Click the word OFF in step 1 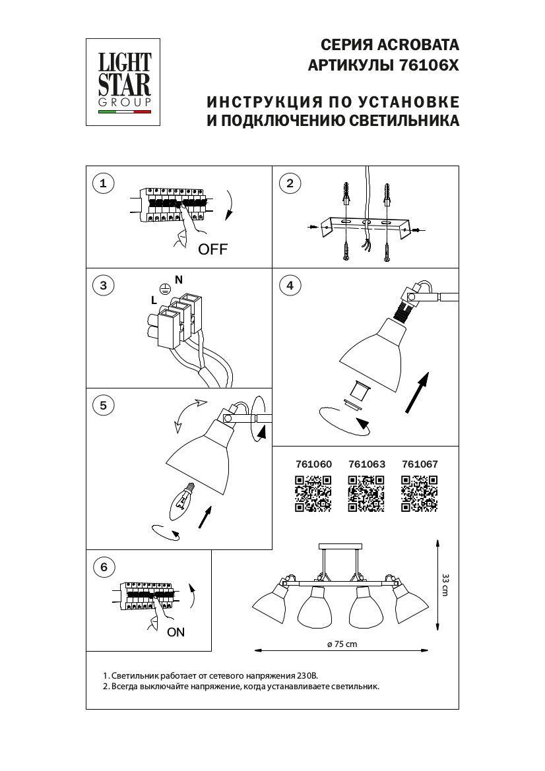pyautogui.click(x=212, y=249)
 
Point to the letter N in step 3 pyautogui.click(x=179, y=280)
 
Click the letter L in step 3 pyautogui.click(x=154, y=300)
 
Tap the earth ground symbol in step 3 pyautogui.click(x=166, y=288)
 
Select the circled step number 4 pyautogui.click(x=290, y=285)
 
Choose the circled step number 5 pyautogui.click(x=102, y=405)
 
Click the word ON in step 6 pyautogui.click(x=176, y=632)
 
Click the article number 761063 pyautogui.click(x=366, y=464)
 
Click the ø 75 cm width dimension pyautogui.click(x=342, y=644)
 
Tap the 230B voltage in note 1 pyautogui.click(x=305, y=676)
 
